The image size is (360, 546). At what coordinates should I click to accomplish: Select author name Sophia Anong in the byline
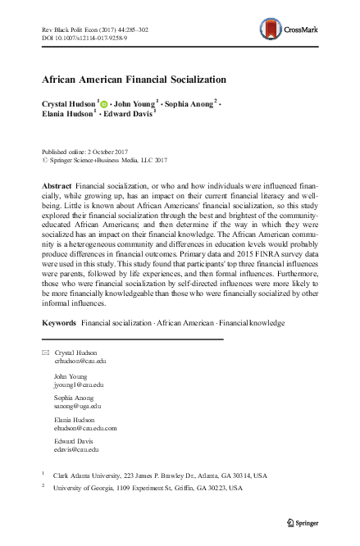point(188,104)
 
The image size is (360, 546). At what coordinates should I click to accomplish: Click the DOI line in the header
point(83,38)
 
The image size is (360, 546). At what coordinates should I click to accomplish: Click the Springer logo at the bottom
point(304,521)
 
